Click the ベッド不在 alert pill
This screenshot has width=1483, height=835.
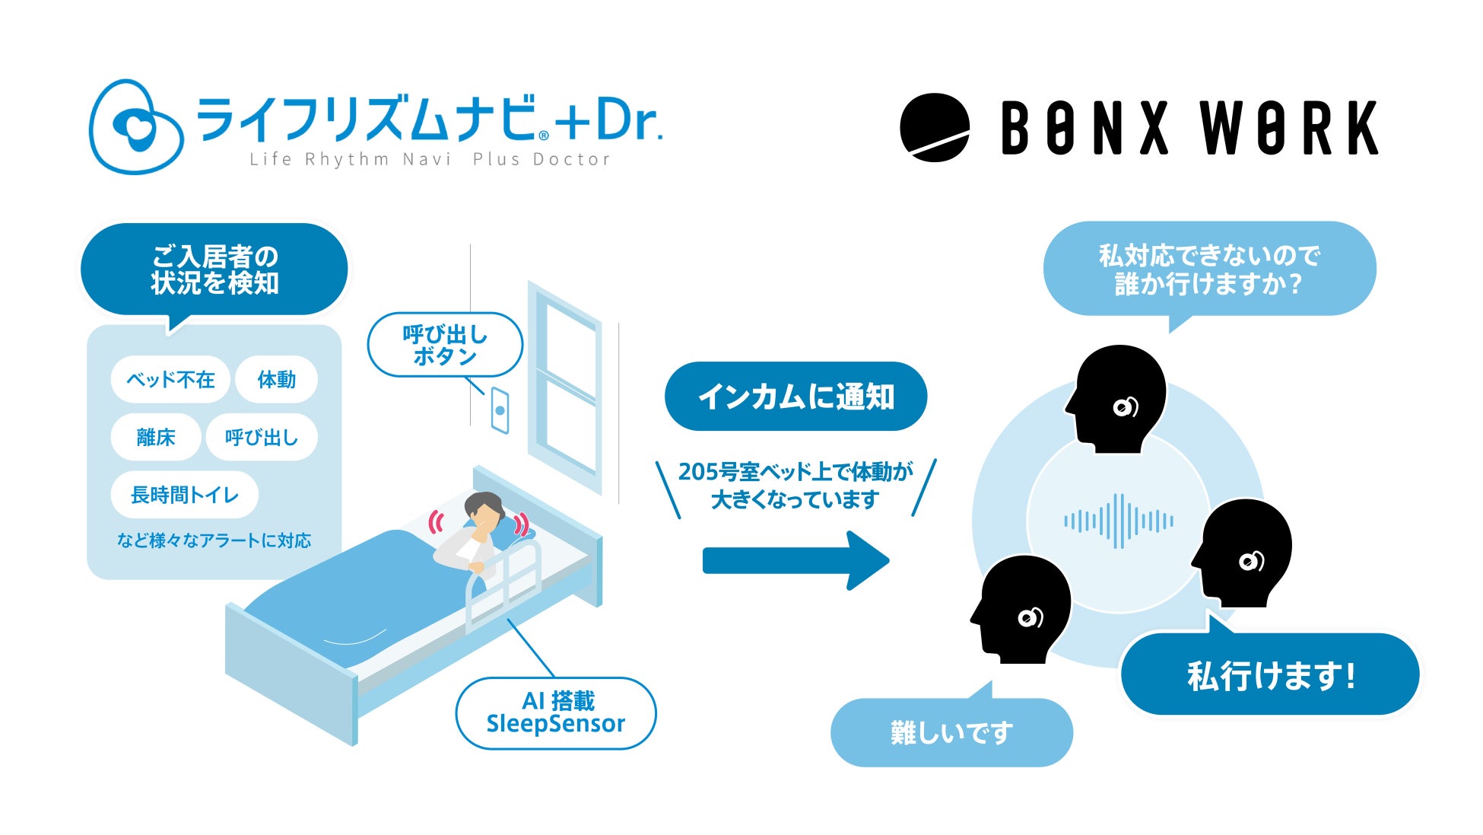pyautogui.click(x=170, y=379)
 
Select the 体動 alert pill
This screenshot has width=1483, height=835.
pyautogui.click(x=276, y=379)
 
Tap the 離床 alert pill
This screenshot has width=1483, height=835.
pyautogui.click(x=156, y=437)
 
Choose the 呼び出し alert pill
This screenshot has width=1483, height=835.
pyautogui.click(x=261, y=437)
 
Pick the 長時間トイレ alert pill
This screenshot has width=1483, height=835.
pyautogui.click(x=185, y=495)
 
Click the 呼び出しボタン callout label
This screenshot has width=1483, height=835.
pyautogui.click(x=445, y=345)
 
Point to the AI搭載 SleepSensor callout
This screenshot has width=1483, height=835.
pyautogui.click(x=555, y=712)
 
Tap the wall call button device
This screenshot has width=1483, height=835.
pyautogui.click(x=500, y=410)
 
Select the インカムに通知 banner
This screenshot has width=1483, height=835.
pyautogui.click(x=795, y=397)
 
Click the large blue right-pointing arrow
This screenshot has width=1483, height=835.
pyautogui.click(x=795, y=561)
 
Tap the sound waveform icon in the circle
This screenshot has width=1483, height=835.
pyautogui.click(x=1118, y=521)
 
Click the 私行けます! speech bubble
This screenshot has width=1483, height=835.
pyautogui.click(x=1270, y=674)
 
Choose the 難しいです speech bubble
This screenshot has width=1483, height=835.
pyautogui.click(x=951, y=732)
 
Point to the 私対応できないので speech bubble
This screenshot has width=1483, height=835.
pyautogui.click(x=1209, y=269)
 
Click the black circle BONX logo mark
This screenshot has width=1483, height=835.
pyautogui.click(x=935, y=128)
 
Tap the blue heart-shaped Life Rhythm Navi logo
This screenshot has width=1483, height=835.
pyautogui.click(x=136, y=127)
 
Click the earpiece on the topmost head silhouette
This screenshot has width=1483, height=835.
pyautogui.click(x=1125, y=407)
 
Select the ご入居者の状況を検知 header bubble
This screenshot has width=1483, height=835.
pyautogui.click(x=214, y=269)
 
